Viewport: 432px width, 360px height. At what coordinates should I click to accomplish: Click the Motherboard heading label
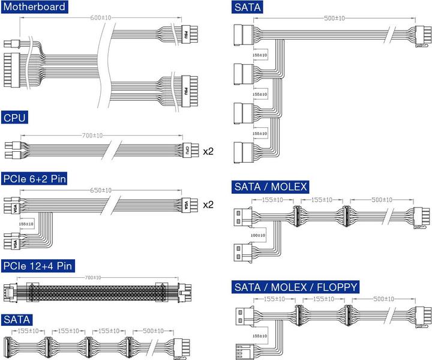tap(34, 7)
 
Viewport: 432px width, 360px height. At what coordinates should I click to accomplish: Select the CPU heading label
tap(15, 117)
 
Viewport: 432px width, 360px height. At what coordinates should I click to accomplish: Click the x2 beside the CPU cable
tap(208, 151)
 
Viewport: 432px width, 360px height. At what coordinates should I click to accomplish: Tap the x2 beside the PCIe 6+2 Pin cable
tap(208, 205)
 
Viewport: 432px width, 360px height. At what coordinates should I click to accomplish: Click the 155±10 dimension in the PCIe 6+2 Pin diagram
tap(26, 223)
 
